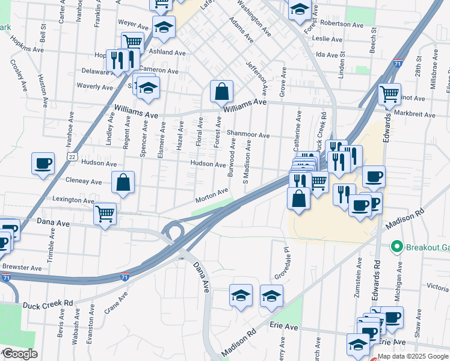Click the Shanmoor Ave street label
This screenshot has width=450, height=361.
[248, 135]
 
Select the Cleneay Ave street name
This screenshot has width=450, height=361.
[84, 181]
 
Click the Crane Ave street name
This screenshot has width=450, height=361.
[117, 304]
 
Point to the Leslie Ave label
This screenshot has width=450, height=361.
[327, 39]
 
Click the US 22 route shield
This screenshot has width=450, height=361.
[54, 156]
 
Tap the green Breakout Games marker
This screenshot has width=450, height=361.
[396, 247]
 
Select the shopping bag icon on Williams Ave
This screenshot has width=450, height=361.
[221, 91]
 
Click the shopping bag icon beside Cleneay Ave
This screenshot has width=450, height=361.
[123, 183]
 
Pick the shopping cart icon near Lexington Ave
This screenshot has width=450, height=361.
[105, 214]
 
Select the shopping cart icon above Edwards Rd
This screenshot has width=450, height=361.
[389, 94]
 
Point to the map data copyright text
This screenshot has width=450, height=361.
[413, 356]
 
